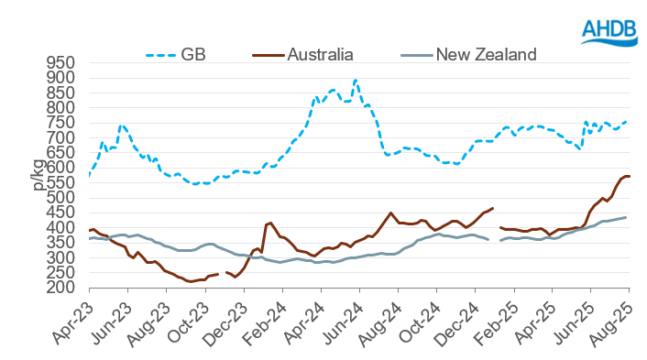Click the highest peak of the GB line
tap(356, 80)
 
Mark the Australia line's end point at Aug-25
tap(629, 176)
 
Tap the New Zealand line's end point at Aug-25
tap(626, 217)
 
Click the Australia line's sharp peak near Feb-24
tap(270, 223)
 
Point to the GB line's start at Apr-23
tap(89, 175)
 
